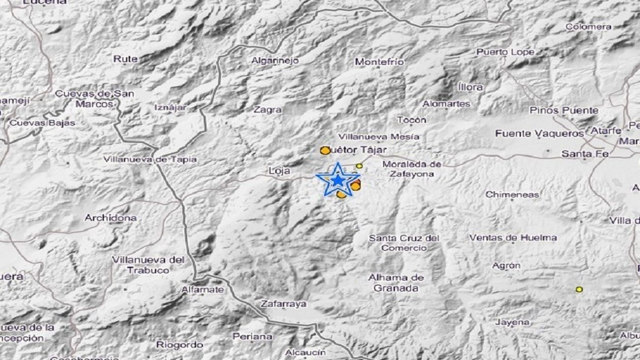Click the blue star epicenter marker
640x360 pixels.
[x=338, y=180]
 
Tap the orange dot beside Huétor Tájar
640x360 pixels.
[x=325, y=150]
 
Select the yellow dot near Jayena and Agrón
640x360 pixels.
[x=579, y=290]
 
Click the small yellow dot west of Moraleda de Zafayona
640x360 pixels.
[x=359, y=166]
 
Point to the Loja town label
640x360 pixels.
[x=279, y=171]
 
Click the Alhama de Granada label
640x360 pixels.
[x=396, y=283]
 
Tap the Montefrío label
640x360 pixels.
[x=379, y=62]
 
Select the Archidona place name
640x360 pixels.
[x=110, y=218]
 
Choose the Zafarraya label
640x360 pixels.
[x=284, y=304]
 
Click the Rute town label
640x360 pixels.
[x=125, y=59]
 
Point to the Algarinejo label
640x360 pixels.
[x=275, y=61]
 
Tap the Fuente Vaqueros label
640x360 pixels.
[x=539, y=133]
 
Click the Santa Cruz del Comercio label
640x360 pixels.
[x=404, y=243]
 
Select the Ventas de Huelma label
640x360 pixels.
[x=512, y=238]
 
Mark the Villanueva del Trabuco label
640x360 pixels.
[x=148, y=264]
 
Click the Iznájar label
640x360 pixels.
[x=171, y=107]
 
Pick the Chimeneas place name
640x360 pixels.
[x=512, y=195]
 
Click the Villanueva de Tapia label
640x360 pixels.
[x=150, y=159]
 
